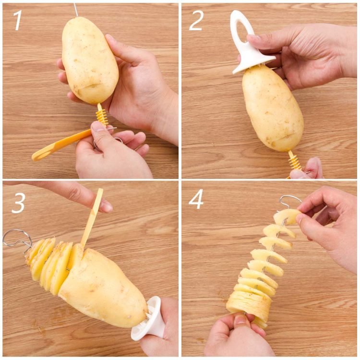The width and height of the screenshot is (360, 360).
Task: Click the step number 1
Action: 18,20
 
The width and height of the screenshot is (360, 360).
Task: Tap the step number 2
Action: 196,21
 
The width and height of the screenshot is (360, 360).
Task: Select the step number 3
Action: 18,203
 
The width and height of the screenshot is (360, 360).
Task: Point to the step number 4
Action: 196,199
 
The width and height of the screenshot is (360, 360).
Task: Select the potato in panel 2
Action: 273,108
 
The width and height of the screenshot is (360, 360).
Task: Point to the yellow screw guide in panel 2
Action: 295,161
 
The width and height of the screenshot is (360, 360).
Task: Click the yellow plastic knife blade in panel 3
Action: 92,218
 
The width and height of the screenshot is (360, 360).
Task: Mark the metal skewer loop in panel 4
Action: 290,200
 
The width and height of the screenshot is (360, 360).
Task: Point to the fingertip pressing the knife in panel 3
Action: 106,205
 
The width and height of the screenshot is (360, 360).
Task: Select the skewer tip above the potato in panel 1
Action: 76,10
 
